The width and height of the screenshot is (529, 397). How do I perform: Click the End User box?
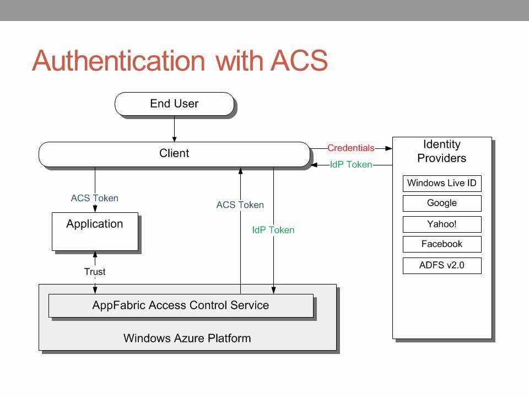[174, 104]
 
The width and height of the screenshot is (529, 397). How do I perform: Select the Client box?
[174, 154]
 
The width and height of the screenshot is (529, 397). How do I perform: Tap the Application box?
[95, 232]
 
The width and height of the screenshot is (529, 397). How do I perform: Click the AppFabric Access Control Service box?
[180, 305]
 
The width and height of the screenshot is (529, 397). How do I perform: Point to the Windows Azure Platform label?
[187, 338]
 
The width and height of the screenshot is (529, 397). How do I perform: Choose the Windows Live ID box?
[441, 183]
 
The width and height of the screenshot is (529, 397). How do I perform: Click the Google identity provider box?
[441, 203]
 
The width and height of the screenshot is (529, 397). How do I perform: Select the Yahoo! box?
[441, 224]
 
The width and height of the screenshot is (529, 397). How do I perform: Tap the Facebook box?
[441, 244]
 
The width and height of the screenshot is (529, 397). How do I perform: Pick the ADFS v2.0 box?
[441, 265]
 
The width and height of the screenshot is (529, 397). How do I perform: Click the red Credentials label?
[350, 148]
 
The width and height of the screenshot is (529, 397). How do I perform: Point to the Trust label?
[95, 271]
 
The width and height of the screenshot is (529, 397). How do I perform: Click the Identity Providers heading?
[441, 151]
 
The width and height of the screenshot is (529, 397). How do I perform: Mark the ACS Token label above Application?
[95, 198]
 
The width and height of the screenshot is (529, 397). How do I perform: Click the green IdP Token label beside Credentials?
[350, 164]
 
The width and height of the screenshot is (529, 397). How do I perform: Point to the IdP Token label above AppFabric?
[273, 230]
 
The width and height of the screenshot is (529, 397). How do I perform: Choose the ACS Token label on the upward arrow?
[240, 205]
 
